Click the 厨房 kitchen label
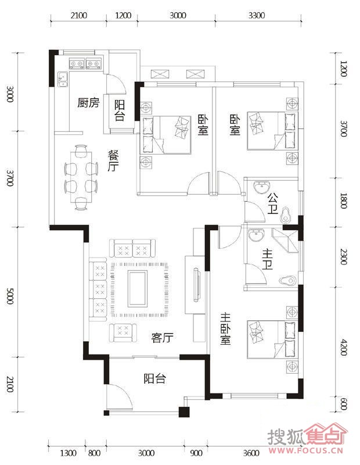pos(88,103)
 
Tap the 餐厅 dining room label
pos(113,160)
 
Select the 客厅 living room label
pos(162,338)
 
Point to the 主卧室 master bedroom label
pos(225,329)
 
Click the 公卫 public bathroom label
pos(273,203)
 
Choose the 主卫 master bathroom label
pos(268,259)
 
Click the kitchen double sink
pos(64,79)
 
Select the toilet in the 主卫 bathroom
pos(287,280)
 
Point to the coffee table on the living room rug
pos(138,289)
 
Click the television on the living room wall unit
pos(196,285)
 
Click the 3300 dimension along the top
pos(257,16)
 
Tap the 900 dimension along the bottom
pos(196,453)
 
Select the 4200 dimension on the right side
pos(343,347)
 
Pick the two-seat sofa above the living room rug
pos(132,248)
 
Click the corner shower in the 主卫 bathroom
pos(285,240)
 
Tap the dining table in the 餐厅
pos(81,177)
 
